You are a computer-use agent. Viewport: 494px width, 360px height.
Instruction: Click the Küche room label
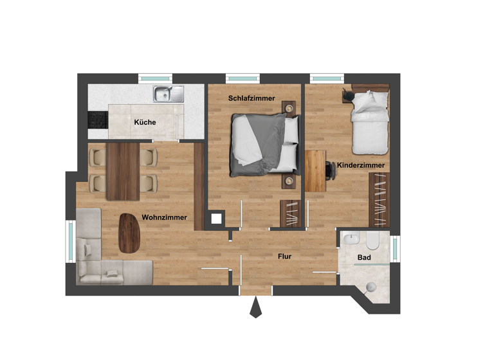[x=145, y=122]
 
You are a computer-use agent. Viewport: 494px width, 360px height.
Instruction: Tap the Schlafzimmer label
[x=252, y=98]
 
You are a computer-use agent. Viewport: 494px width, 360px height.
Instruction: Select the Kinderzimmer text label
[x=361, y=165]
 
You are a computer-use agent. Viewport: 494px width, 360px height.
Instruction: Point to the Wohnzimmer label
[x=165, y=217]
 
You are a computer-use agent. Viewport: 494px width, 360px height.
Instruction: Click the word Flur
[x=284, y=256]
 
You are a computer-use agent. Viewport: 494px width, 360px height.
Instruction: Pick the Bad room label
[x=363, y=258]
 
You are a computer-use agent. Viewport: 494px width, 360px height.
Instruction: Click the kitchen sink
[x=169, y=94]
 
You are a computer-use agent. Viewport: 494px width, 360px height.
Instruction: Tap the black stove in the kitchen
[x=97, y=120]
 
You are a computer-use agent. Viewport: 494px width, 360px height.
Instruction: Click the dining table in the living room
[x=122, y=171]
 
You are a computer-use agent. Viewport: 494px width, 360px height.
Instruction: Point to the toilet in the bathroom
[x=372, y=242]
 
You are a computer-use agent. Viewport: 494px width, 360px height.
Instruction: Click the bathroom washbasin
[x=351, y=240]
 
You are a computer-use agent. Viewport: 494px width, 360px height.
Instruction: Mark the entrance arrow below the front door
[x=256, y=309]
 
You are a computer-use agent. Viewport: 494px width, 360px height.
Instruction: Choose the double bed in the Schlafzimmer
[x=264, y=144]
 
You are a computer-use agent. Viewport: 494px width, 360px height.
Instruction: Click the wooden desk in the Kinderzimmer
[x=315, y=170]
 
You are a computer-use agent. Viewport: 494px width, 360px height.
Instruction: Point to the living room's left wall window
[x=71, y=241]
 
